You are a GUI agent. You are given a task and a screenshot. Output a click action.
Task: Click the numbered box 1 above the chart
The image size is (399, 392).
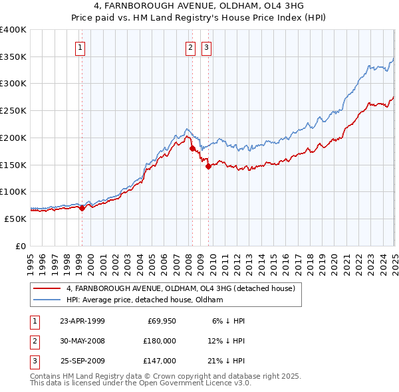[x=80, y=47]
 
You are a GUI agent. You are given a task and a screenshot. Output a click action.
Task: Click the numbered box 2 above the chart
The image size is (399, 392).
[x=190, y=47]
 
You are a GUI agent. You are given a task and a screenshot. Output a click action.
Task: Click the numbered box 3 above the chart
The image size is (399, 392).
[x=206, y=47]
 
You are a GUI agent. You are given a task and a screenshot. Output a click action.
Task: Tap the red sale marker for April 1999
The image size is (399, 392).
[x=82, y=208]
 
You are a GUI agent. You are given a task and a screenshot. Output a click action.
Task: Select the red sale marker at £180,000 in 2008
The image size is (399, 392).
[x=192, y=149]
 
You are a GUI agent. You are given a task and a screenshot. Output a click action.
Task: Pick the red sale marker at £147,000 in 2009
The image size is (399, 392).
[x=208, y=167]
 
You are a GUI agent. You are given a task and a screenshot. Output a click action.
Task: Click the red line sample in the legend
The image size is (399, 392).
[x=47, y=288]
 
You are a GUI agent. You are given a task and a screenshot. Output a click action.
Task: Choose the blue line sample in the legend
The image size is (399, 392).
[x=47, y=300]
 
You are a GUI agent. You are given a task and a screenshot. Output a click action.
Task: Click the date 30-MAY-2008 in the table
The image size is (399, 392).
[x=82, y=341]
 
